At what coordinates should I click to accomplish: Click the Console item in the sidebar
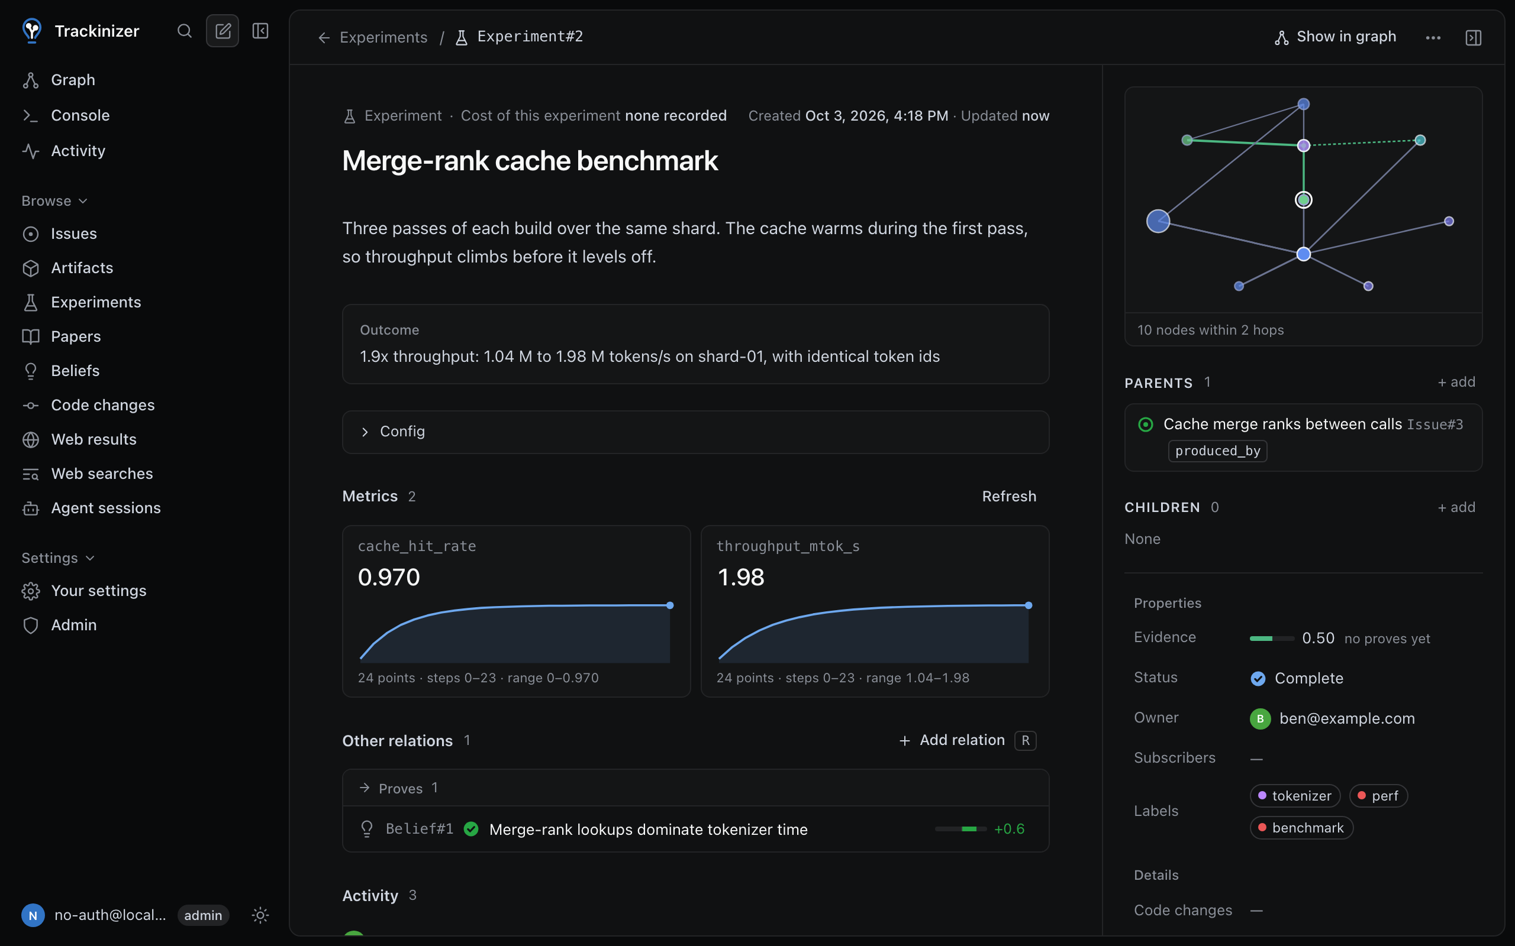(x=80, y=115)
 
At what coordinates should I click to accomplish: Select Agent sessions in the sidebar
(x=106, y=507)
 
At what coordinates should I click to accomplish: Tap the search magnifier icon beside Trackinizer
(x=184, y=31)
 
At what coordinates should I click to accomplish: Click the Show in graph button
(x=1335, y=37)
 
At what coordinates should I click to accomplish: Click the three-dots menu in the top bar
(x=1433, y=37)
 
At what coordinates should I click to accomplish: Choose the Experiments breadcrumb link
(x=383, y=37)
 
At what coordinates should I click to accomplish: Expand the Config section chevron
(x=365, y=432)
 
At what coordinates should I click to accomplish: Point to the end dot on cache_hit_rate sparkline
(x=670, y=605)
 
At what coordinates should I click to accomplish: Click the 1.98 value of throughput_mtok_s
(x=740, y=577)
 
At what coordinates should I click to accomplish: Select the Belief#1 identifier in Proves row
(x=419, y=828)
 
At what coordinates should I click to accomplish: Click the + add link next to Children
(x=1456, y=507)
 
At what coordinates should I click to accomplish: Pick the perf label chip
(x=1378, y=795)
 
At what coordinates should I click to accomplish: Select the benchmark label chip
(x=1301, y=827)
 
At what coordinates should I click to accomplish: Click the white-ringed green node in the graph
(x=1303, y=200)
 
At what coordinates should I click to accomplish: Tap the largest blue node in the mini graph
(x=1158, y=221)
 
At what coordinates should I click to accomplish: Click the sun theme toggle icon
(x=260, y=915)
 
